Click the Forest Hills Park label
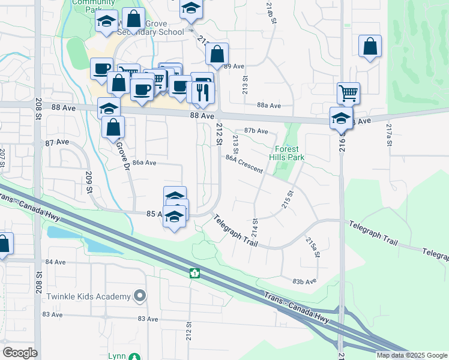(289, 153)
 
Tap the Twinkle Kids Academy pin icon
(140, 296)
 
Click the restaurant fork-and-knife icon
(203, 92)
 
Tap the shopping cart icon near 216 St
(348, 93)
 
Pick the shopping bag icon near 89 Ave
(217, 53)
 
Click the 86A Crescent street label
(244, 164)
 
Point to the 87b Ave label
(256, 131)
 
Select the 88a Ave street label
(269, 106)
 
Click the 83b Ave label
(304, 281)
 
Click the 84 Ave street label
(55, 262)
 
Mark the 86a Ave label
(145, 163)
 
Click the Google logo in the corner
(20, 353)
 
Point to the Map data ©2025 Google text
(412, 355)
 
